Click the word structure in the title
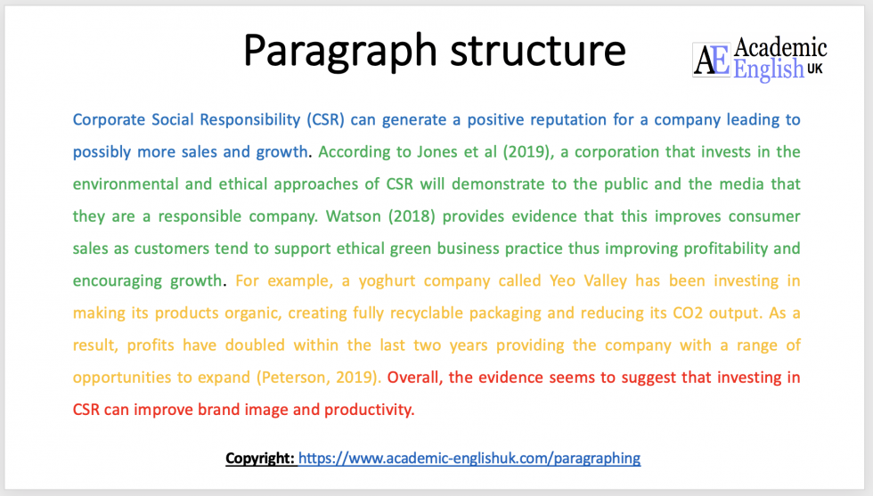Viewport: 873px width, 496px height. click(x=533, y=51)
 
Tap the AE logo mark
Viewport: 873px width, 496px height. click(x=712, y=61)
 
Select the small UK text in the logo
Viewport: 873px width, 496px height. click(x=815, y=68)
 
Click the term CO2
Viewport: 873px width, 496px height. click(x=683, y=313)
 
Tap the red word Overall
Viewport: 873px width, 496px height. click(x=415, y=378)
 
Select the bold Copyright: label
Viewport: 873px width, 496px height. click(x=260, y=459)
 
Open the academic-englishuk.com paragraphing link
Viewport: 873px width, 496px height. click(x=469, y=459)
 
